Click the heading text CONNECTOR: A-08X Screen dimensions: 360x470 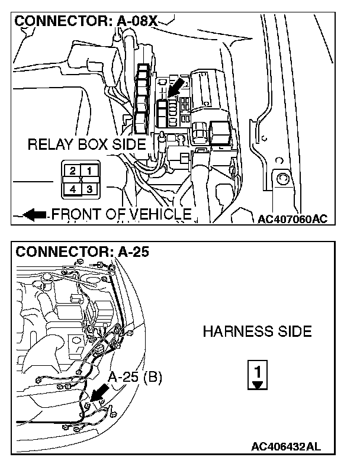point(86,21)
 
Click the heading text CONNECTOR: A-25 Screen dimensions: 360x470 point(82,252)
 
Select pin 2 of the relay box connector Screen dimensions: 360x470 point(72,171)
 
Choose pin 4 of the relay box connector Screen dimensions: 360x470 point(72,189)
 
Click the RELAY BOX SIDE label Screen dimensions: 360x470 point(86,144)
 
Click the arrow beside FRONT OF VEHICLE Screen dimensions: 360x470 point(36,215)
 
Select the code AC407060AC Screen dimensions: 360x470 point(292,219)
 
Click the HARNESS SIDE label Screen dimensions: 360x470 point(257,331)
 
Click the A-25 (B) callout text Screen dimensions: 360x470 point(134,376)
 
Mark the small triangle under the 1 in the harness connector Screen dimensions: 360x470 point(256,384)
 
